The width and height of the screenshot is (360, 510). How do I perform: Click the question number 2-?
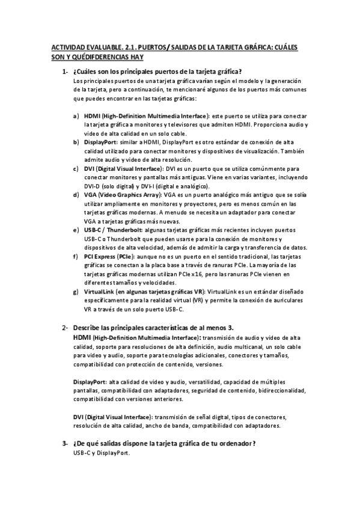point(64,327)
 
